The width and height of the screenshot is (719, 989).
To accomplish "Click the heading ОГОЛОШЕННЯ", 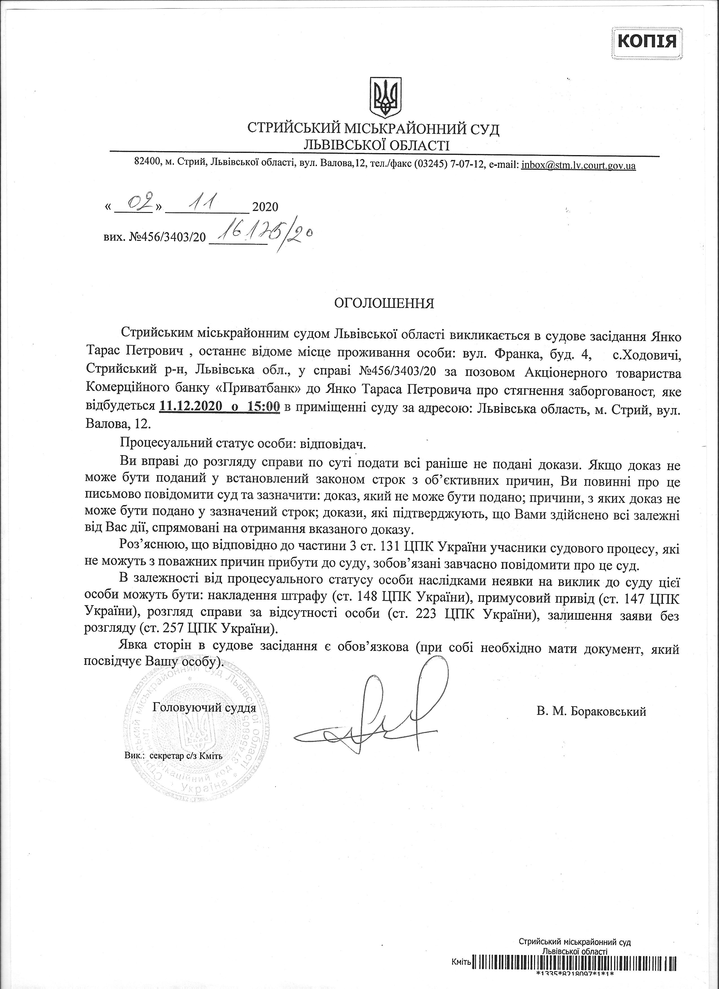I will point(384,303).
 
